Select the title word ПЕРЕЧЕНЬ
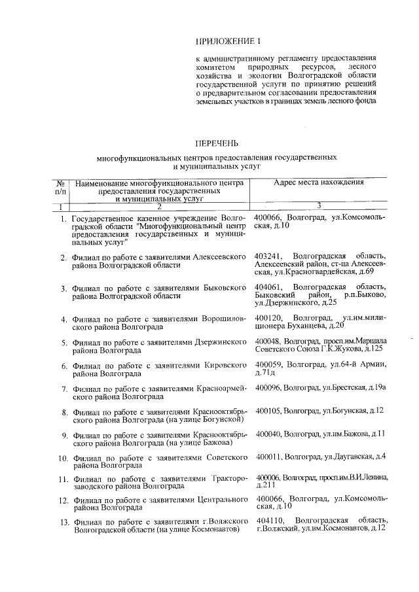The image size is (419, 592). (x=217, y=143)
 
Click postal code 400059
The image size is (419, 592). (x=268, y=364)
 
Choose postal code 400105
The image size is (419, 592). (x=268, y=410)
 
